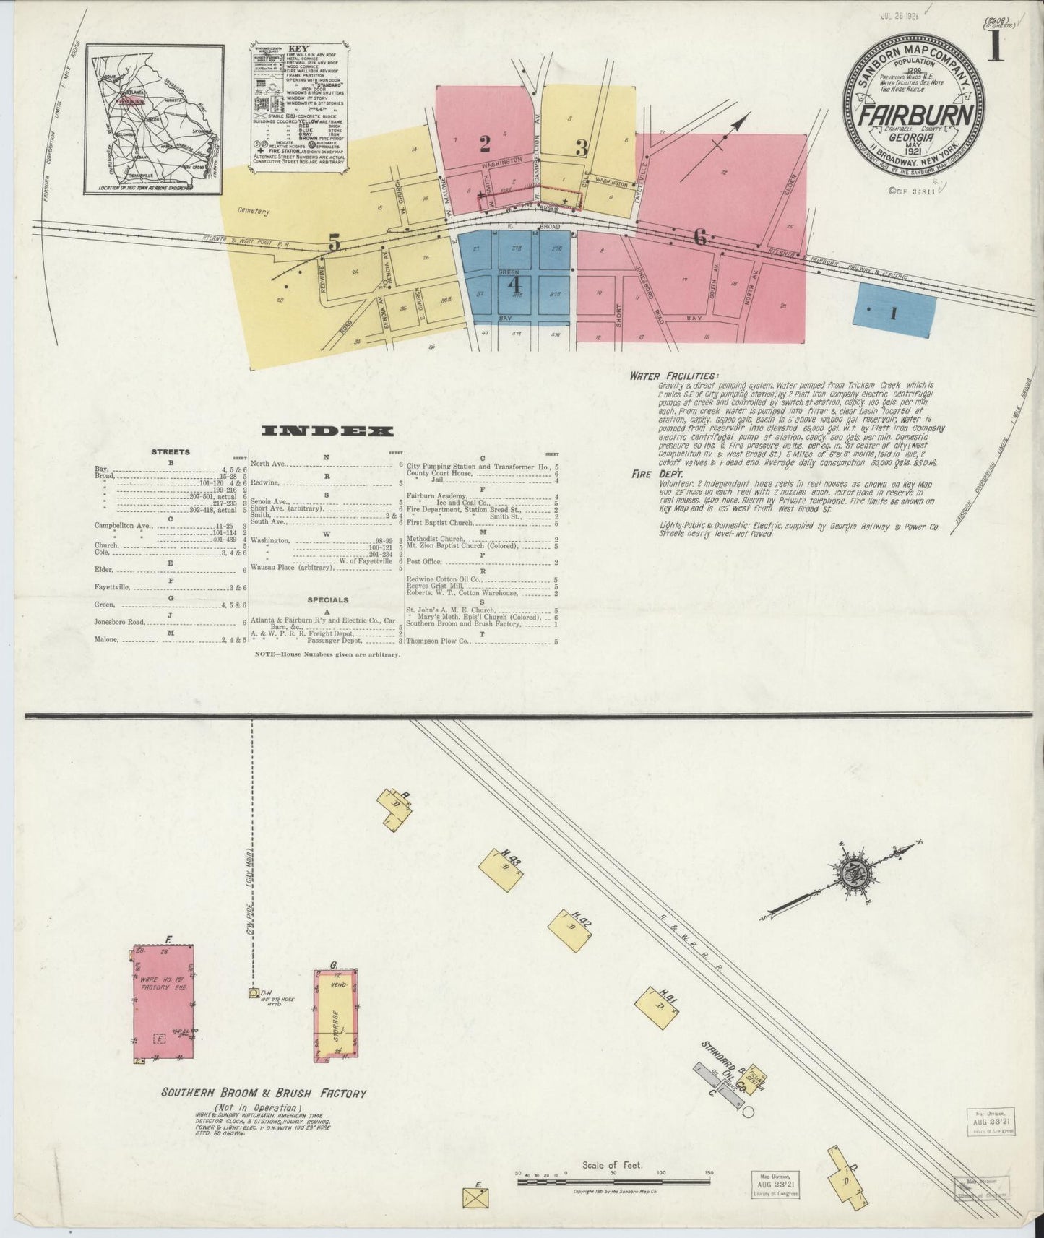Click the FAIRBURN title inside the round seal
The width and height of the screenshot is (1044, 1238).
[915, 117]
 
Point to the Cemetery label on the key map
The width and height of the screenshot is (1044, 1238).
[251, 212]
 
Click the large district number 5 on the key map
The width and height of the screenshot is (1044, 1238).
[333, 243]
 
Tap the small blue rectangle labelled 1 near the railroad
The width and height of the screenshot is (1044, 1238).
[895, 313]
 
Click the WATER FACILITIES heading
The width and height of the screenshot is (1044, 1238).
[673, 376]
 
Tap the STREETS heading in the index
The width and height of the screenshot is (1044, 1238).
[171, 452]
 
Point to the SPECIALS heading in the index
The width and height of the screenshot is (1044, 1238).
[327, 599]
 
